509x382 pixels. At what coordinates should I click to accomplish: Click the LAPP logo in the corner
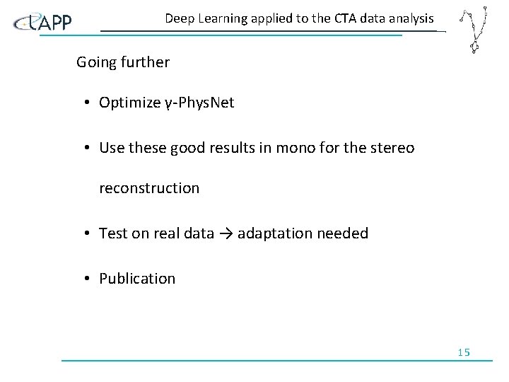pyautogui.click(x=42, y=23)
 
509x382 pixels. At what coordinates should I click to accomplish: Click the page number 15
pyautogui.click(x=464, y=352)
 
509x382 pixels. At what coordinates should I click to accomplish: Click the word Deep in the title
pyautogui.click(x=180, y=18)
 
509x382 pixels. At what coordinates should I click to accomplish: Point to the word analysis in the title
pyautogui.click(x=409, y=18)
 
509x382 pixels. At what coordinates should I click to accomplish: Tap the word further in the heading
pyautogui.click(x=146, y=62)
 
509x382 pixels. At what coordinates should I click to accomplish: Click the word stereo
pyautogui.click(x=392, y=148)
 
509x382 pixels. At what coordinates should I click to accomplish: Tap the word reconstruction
pyautogui.click(x=149, y=188)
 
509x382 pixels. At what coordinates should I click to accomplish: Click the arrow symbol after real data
pyautogui.click(x=226, y=233)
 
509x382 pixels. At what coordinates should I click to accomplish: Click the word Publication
pyautogui.click(x=137, y=279)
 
